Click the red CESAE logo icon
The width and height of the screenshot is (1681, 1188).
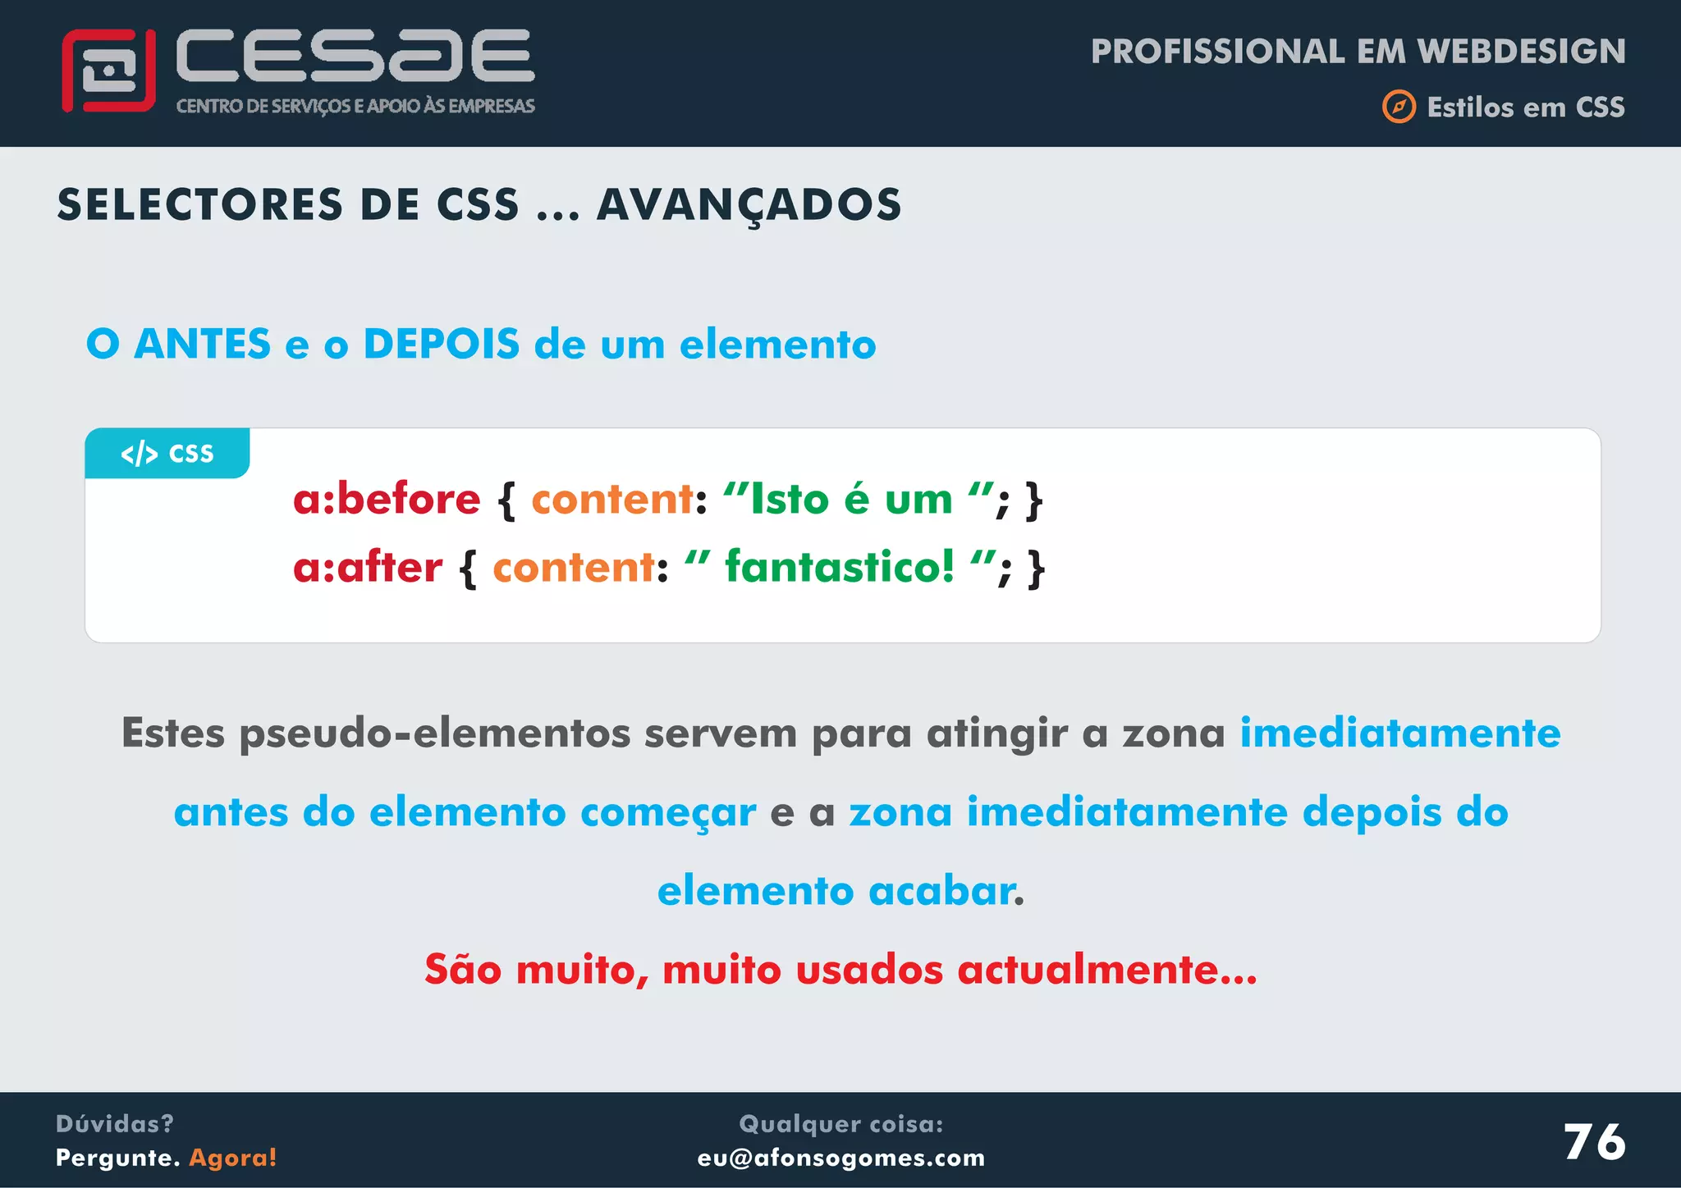tap(108, 71)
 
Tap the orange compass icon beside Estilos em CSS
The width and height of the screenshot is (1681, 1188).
tap(1399, 107)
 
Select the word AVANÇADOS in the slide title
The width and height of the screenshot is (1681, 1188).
tap(749, 205)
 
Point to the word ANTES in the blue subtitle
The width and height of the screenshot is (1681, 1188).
tap(202, 344)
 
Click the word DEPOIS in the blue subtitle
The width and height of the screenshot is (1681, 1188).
tap(442, 344)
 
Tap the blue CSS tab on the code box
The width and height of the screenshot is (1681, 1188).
tap(167, 453)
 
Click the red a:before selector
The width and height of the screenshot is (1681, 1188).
tap(387, 499)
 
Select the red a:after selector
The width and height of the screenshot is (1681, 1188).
tap(368, 567)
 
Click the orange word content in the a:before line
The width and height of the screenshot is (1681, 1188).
tap(612, 499)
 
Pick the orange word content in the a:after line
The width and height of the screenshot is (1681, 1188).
tap(574, 567)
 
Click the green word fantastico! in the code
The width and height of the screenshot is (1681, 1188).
tap(840, 567)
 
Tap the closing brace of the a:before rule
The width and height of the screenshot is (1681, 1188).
tap(1034, 500)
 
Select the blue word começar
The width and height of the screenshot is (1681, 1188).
tap(668, 812)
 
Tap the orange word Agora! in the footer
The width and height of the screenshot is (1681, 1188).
tap(233, 1158)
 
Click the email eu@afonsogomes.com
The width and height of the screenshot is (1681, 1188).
tap(841, 1158)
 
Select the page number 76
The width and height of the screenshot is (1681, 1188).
tap(1594, 1142)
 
